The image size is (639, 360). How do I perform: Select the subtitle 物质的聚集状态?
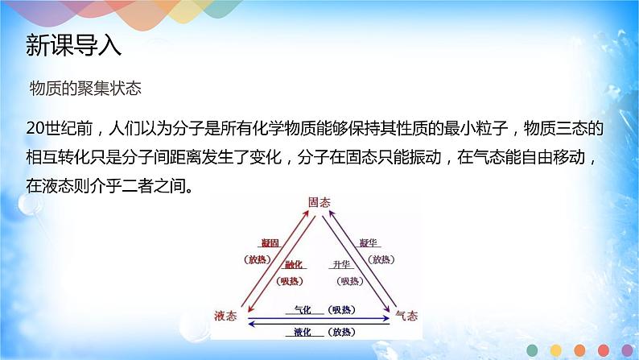click(85, 88)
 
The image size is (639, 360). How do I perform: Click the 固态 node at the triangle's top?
click(319, 205)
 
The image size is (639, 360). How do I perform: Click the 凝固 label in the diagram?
click(269, 242)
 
